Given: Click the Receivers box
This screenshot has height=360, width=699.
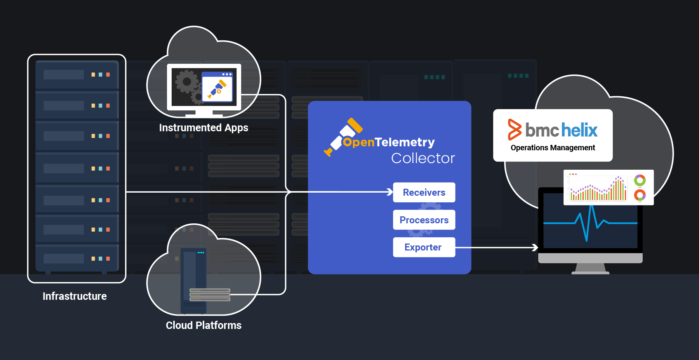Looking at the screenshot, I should pos(424,192).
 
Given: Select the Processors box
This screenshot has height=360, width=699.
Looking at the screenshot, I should pos(424,220).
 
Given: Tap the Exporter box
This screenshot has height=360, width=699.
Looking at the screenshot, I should pos(424,247).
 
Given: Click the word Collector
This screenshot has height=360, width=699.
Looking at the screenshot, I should pos(423,158).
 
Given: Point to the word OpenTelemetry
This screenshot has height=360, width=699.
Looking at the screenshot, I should pos(388,142).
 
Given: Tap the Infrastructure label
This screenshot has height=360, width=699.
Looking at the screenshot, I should pos(75,296).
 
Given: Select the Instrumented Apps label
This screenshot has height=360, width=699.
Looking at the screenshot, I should pos(203,128).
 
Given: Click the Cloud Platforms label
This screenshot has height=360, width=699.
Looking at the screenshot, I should pos(203,325).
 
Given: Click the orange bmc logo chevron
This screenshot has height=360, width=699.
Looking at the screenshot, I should pos(514,130).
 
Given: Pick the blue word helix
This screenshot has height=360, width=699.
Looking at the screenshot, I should pos(579,130).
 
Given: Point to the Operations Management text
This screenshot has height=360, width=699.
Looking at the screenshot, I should pos(553,148).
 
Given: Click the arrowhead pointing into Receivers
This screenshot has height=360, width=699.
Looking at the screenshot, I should pos(390,192).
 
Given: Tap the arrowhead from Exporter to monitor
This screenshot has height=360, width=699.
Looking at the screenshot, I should pos(535,247).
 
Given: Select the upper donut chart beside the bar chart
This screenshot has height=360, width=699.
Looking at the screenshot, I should pos(640,180).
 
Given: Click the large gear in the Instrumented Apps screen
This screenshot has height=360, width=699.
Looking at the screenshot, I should pos(187,82).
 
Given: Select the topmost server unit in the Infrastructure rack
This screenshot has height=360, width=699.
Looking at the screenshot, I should pos(77,75).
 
